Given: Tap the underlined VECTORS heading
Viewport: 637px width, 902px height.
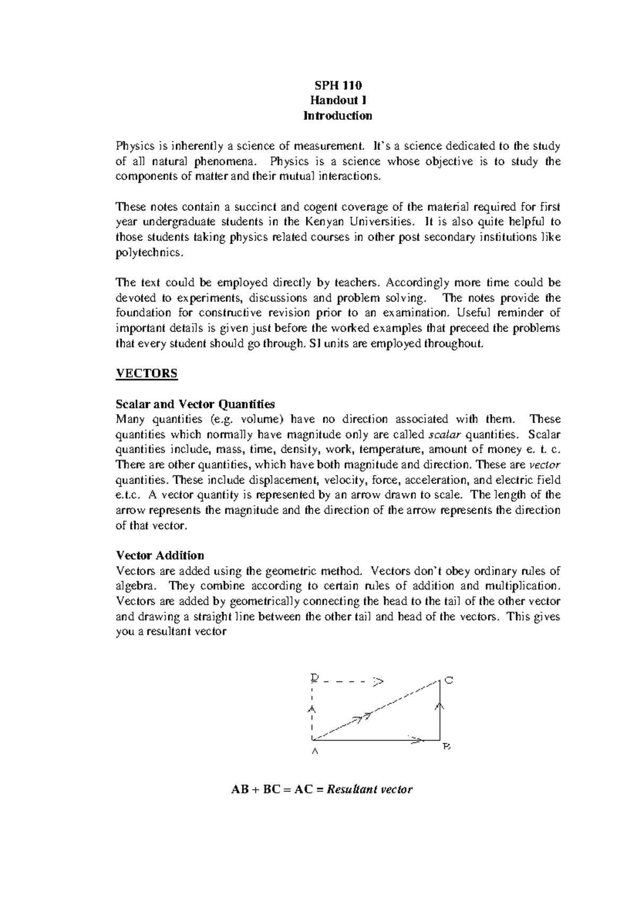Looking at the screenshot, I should [x=147, y=373].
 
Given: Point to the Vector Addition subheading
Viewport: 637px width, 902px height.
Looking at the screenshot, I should [x=160, y=555].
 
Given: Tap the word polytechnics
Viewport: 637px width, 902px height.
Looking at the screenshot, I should [x=150, y=252].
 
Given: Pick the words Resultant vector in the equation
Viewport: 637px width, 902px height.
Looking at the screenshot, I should [x=369, y=789].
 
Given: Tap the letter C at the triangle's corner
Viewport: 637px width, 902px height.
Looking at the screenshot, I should [x=449, y=680].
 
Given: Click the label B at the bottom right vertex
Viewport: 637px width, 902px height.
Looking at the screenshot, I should [x=446, y=747].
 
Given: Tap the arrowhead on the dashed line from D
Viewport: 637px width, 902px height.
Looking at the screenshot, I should [x=378, y=680].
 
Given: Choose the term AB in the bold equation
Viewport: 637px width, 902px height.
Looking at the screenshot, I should [x=238, y=789].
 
